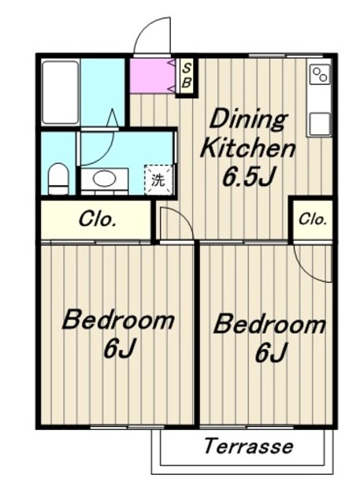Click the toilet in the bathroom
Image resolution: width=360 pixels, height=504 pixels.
point(58,179)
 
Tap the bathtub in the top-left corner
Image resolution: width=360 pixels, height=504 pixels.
point(61,92)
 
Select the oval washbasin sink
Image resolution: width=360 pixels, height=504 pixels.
point(105,178)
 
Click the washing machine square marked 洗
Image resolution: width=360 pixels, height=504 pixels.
point(158,180)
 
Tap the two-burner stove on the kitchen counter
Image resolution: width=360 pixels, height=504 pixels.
point(321,74)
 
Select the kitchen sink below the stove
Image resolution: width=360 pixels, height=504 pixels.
point(320,124)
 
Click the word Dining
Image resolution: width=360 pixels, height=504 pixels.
point(248,120)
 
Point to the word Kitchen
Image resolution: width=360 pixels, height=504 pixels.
point(247,149)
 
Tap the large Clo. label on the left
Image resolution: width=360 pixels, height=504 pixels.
point(98,220)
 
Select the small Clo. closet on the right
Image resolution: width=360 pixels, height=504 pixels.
point(313,220)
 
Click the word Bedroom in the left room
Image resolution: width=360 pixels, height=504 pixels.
point(118,320)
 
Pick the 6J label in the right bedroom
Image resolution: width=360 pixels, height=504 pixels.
point(271,352)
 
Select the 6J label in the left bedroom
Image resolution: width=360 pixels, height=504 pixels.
point(118,348)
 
